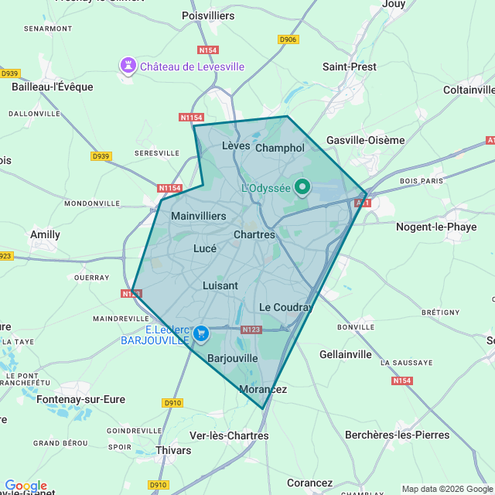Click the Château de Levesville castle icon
coord(128,67)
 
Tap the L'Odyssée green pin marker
coord(302,187)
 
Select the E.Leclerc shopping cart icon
coord(201,333)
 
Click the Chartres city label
coord(254,234)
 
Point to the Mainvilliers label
coord(199,216)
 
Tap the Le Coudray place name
coord(285,307)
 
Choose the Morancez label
coord(263,389)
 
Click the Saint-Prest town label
coord(350,67)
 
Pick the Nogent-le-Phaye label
coord(436,227)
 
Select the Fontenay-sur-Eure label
coord(80,399)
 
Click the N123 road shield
coord(251,329)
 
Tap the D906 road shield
coord(288,39)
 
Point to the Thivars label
coord(173,449)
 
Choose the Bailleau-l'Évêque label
coord(53,87)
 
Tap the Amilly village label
coord(45,234)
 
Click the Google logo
coord(26,486)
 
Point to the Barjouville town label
coord(233,358)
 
